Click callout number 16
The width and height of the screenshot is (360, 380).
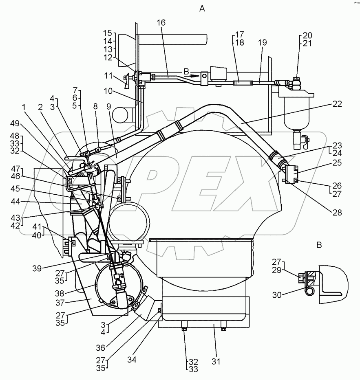pyautogui.click(x=161, y=23)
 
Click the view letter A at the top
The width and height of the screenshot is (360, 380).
pyautogui.click(x=202, y=8)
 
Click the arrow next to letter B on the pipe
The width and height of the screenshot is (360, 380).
pyautogui.click(x=195, y=75)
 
